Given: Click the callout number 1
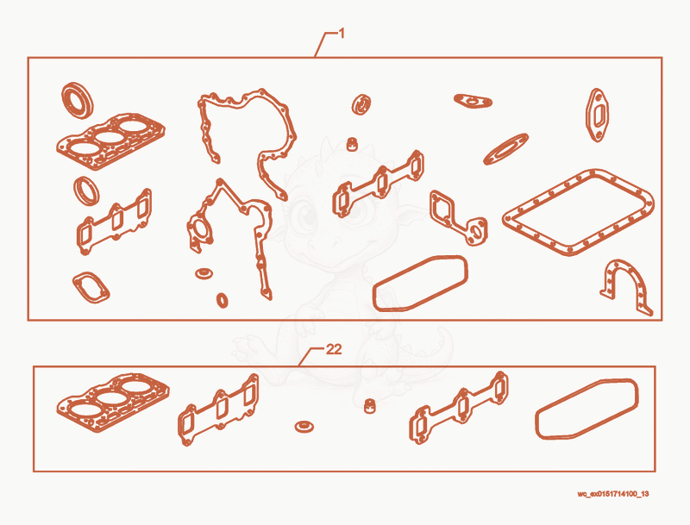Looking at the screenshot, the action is click(342, 34).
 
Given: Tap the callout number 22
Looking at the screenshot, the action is click(334, 349).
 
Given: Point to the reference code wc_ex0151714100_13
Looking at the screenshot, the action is click(612, 494).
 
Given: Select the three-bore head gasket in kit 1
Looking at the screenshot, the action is click(111, 141).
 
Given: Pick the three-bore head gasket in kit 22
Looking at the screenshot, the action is click(113, 402).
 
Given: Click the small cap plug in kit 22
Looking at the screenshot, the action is click(371, 405).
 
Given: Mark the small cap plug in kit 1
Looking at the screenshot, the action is click(352, 144).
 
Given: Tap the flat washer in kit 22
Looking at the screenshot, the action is click(304, 426).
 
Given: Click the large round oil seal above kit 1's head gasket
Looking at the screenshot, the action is click(78, 100).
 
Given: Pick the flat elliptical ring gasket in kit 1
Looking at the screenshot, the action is click(505, 149).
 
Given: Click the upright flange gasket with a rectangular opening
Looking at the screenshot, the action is click(597, 116).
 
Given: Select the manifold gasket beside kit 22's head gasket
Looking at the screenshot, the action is click(218, 409).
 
